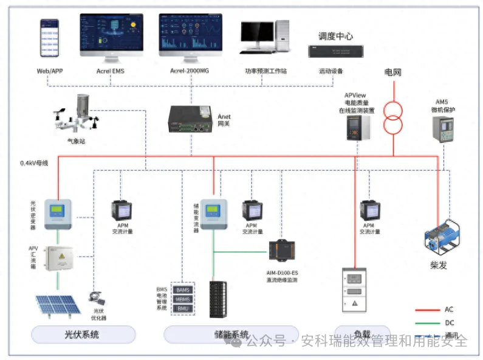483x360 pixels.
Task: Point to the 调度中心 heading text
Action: pos(335,36)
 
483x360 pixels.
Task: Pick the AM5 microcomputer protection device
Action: pos(445,128)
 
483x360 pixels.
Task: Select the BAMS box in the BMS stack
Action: pos(183,290)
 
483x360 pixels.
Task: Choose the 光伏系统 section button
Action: pos(81,334)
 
